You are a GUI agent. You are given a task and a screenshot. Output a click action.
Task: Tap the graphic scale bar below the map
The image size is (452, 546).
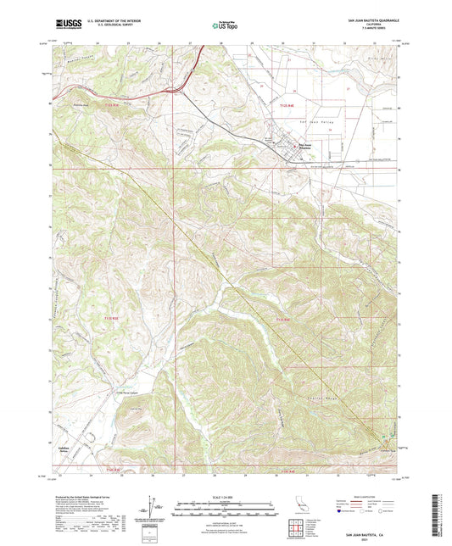[226, 510]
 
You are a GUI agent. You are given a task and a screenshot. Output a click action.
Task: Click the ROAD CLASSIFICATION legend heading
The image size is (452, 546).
[369, 498]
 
